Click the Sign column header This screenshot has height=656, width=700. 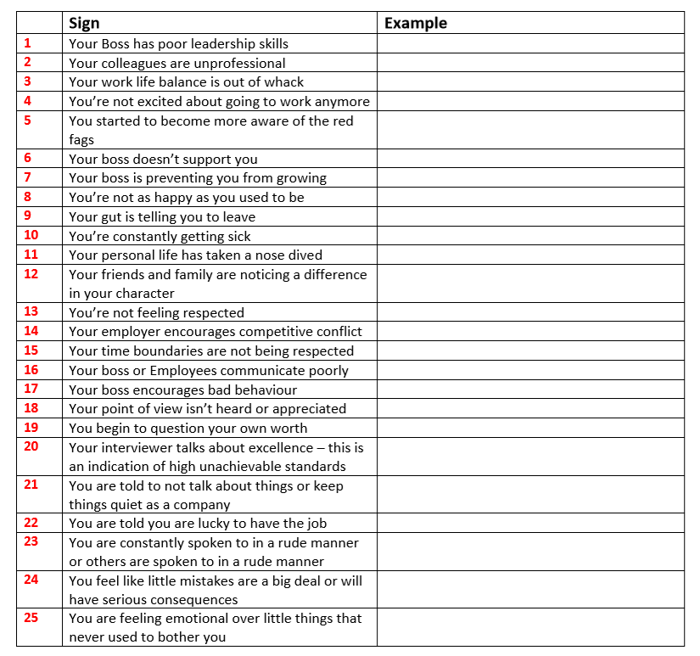point(84,23)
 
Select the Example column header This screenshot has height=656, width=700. point(415,23)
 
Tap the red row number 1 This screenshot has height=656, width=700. point(27,42)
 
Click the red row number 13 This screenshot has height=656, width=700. point(31,311)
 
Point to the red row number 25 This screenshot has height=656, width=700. point(31,618)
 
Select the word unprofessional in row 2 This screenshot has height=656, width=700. point(239,63)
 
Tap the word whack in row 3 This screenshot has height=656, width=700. point(283,81)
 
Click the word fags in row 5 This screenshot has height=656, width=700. point(81,139)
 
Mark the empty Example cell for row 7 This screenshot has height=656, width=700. point(530,177)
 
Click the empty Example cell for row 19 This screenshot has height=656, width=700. point(530,428)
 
